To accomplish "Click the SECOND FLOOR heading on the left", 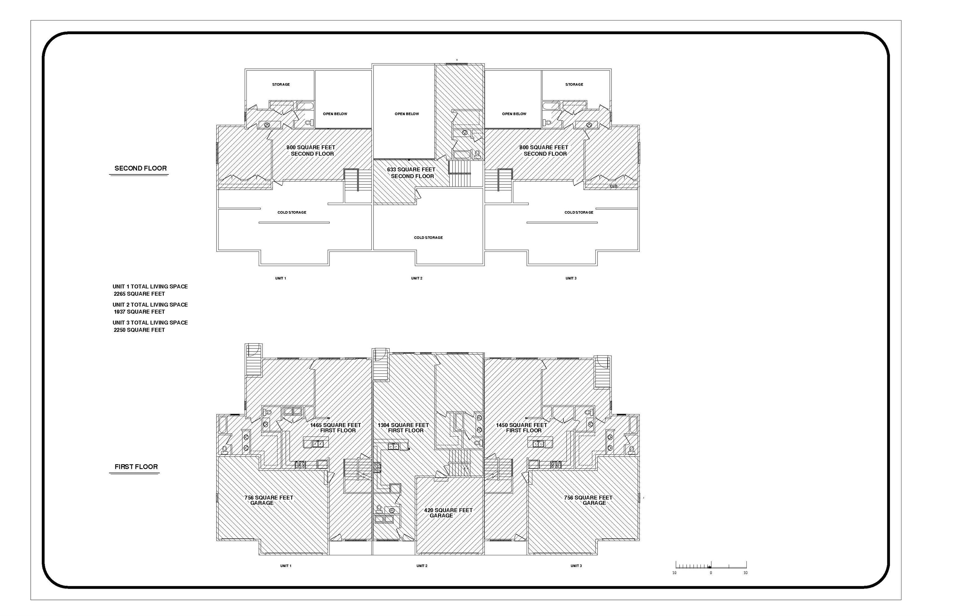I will pyautogui.click(x=141, y=168).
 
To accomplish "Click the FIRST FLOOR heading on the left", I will pyautogui.click(x=136, y=467).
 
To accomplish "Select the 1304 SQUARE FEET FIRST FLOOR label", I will pyautogui.click(x=404, y=428).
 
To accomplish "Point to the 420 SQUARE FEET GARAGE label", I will pyautogui.click(x=448, y=513).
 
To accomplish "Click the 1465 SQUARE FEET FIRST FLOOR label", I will pyautogui.click(x=335, y=428).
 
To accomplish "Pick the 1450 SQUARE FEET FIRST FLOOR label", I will pyautogui.click(x=521, y=428).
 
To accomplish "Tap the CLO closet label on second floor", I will pyautogui.click(x=613, y=186).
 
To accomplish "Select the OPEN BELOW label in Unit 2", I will pyautogui.click(x=407, y=114).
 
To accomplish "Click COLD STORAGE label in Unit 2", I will pyautogui.click(x=428, y=237).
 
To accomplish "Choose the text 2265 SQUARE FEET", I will pyautogui.click(x=139, y=294).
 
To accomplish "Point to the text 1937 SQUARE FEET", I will pyautogui.click(x=139, y=312).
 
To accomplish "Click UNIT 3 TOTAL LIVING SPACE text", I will pyautogui.click(x=150, y=322).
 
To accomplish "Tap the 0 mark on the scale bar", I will pyautogui.click(x=711, y=573).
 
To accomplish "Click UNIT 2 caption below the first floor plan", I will pyautogui.click(x=422, y=566).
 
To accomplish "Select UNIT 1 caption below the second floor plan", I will pyautogui.click(x=280, y=278).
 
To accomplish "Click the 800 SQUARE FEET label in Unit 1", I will pyautogui.click(x=311, y=148).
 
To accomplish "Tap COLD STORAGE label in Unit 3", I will pyautogui.click(x=579, y=212).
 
